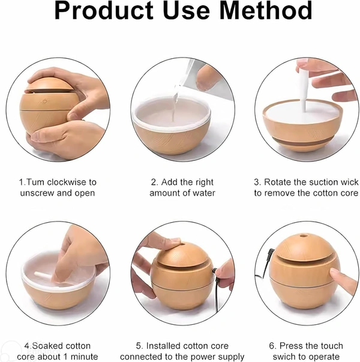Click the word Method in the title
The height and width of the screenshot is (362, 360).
(x=266, y=10)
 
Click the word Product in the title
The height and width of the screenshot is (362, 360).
(x=104, y=10)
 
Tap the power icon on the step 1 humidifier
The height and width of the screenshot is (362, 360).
(x=45, y=101)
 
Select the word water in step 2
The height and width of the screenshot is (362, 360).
(x=204, y=193)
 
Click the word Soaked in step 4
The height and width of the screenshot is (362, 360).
(x=45, y=346)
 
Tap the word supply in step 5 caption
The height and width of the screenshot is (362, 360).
(x=232, y=357)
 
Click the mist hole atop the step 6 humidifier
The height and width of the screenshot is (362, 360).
(x=304, y=236)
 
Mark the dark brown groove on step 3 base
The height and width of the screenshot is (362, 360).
(x=303, y=141)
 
